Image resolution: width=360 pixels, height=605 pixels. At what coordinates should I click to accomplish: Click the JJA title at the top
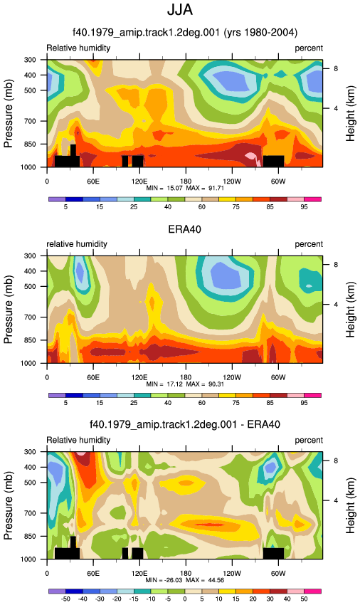(180, 10)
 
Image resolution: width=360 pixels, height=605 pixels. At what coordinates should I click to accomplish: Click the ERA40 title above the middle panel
(184, 229)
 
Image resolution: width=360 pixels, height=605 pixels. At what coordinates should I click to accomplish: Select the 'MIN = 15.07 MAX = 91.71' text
(185, 188)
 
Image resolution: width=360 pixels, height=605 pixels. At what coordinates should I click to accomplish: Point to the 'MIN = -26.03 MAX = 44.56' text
(185, 580)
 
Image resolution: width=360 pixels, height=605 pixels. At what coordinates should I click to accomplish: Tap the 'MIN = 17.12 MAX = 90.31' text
(185, 384)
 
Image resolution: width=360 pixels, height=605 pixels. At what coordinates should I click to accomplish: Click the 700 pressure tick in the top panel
(30, 121)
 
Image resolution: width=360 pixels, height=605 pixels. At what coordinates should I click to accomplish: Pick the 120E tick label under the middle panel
(139, 377)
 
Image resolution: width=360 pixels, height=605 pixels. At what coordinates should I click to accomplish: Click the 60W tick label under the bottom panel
(277, 573)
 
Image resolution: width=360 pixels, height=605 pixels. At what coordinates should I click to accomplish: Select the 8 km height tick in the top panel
(336, 68)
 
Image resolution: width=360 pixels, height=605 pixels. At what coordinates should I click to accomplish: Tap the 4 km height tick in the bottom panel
(336, 500)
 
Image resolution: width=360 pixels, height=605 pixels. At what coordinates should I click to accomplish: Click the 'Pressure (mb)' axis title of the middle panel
(9, 310)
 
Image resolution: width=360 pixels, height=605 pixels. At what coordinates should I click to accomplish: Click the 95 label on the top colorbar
(304, 207)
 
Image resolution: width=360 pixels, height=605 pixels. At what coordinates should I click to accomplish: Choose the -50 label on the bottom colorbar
(65, 599)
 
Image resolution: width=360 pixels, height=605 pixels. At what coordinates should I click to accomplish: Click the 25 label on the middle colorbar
(134, 403)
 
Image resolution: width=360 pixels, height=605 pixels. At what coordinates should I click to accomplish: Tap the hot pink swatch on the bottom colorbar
(312, 591)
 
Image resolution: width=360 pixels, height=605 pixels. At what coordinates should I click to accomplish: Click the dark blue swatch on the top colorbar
(75, 199)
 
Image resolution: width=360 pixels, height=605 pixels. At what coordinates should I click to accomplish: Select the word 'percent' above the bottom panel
(309, 441)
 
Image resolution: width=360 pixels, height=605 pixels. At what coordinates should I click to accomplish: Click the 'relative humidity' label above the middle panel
(77, 244)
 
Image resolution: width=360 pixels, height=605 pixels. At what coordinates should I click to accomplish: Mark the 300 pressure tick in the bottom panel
(30, 452)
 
